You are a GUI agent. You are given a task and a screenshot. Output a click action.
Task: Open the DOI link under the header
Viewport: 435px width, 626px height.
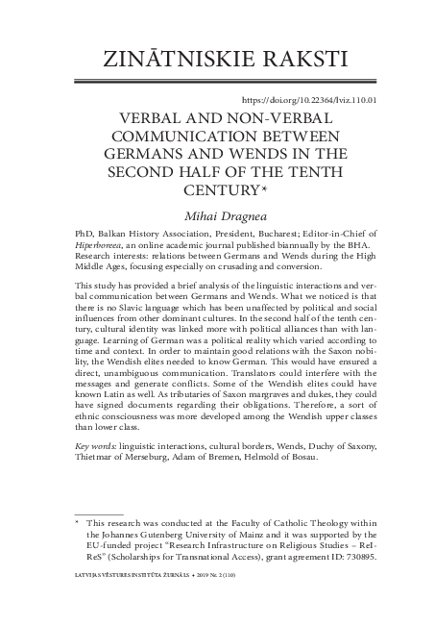click(x=308, y=99)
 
